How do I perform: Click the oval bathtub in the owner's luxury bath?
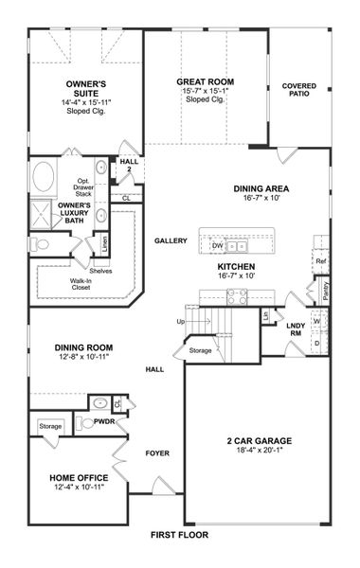pos(44,177)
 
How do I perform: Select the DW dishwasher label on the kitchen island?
pos(217,245)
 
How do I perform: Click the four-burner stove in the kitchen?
pos(237,296)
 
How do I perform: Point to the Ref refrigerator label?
pos(321,261)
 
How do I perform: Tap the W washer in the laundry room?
pos(316,321)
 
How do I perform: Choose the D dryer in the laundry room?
pos(316,343)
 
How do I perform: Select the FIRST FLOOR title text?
pos(180,535)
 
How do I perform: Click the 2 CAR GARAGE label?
pos(258,441)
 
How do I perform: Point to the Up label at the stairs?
pos(181,322)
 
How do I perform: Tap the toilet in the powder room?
pos(86,423)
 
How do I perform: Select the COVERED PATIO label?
pos(299,91)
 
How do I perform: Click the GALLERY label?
pos(171,240)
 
